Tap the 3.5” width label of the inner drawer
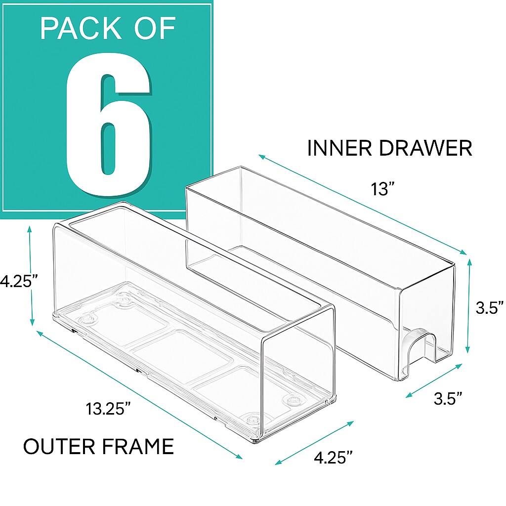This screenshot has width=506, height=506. coord(448,398)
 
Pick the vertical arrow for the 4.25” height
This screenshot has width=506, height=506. coord(32,276)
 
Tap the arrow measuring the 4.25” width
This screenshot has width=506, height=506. coord(314,443)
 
